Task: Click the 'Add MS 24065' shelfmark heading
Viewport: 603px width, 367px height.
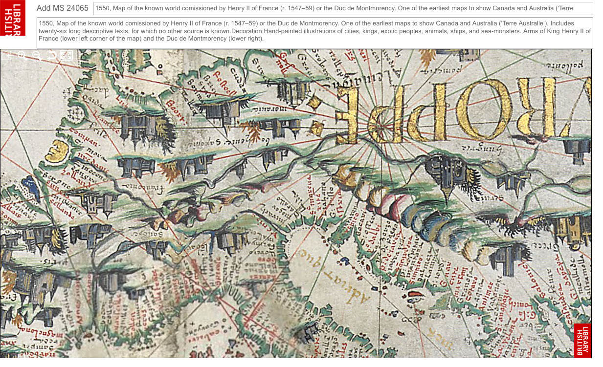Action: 63,8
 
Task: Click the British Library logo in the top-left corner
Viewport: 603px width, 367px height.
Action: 12,18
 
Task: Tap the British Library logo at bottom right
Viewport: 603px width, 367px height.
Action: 582,340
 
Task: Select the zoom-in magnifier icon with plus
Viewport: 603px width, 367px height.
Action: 22,56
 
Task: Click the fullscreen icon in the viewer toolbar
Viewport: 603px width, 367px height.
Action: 66,56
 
